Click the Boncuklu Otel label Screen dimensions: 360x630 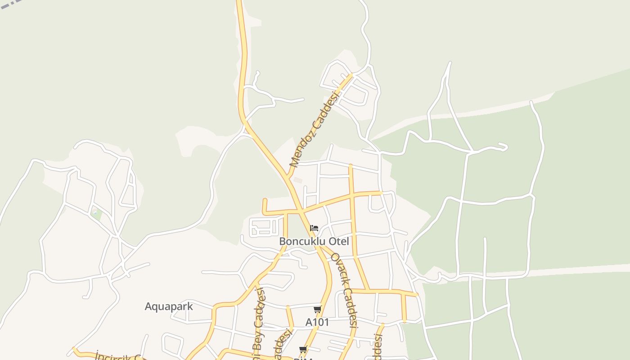pos(314,241)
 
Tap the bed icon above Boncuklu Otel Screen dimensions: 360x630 pos(314,228)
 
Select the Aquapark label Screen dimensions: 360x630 pos(169,306)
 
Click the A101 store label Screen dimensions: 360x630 pos(317,322)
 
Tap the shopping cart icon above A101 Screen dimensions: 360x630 pos(317,309)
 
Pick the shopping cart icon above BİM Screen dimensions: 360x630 pos(303,349)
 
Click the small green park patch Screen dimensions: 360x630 pos(96,214)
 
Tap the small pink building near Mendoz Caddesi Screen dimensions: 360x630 pos(297,180)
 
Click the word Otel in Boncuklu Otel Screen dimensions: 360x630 pos(339,241)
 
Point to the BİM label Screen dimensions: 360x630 pos(303,358)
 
